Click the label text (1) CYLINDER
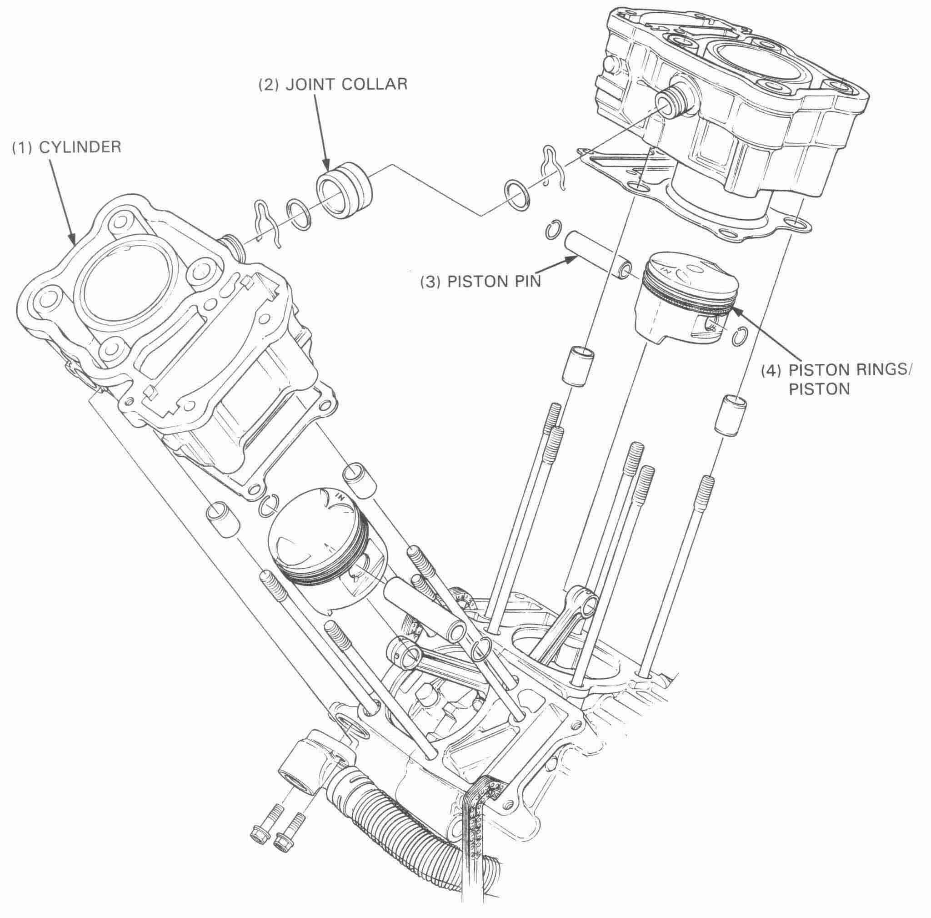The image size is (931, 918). pyautogui.click(x=66, y=147)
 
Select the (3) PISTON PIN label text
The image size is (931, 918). pyautogui.click(x=480, y=281)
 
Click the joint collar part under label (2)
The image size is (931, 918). pyautogui.click(x=345, y=191)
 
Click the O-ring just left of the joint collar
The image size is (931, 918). pyautogui.click(x=299, y=214)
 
